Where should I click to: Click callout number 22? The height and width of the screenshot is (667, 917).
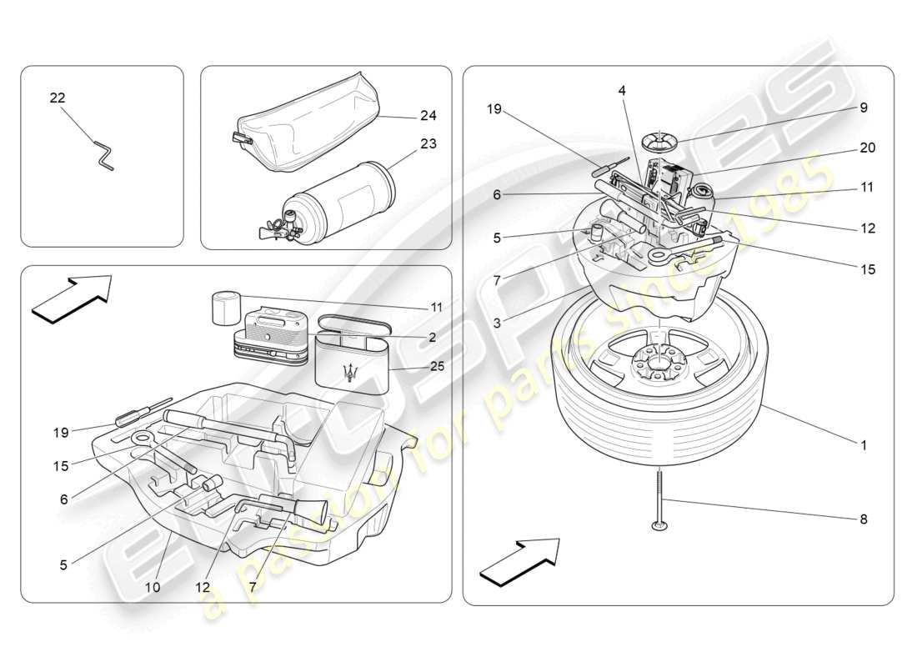(x=57, y=98)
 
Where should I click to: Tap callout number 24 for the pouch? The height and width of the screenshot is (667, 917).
(x=428, y=115)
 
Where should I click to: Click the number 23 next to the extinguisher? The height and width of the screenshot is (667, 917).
(x=428, y=143)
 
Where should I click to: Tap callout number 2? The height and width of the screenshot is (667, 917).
(x=432, y=337)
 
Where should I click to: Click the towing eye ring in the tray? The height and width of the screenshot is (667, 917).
(x=142, y=439)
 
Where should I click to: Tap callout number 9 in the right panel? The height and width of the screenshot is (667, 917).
(x=864, y=107)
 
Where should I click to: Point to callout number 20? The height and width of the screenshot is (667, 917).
(x=867, y=148)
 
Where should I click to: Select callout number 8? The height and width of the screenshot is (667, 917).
(x=864, y=519)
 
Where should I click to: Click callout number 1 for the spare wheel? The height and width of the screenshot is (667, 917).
(x=864, y=445)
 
